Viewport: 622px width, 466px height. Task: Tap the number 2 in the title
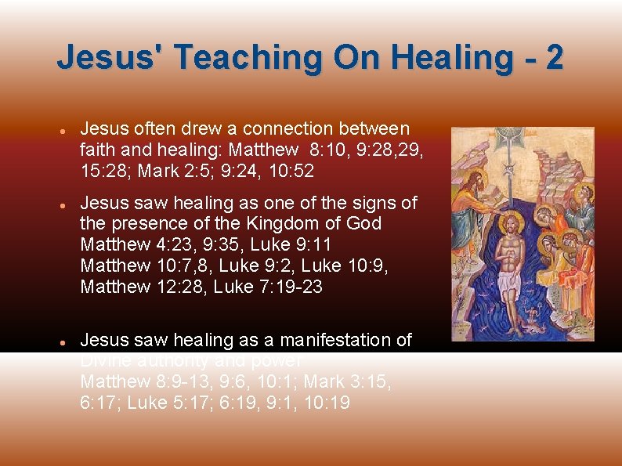pos(554,58)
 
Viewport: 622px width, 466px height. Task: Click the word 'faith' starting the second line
pos(97,150)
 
